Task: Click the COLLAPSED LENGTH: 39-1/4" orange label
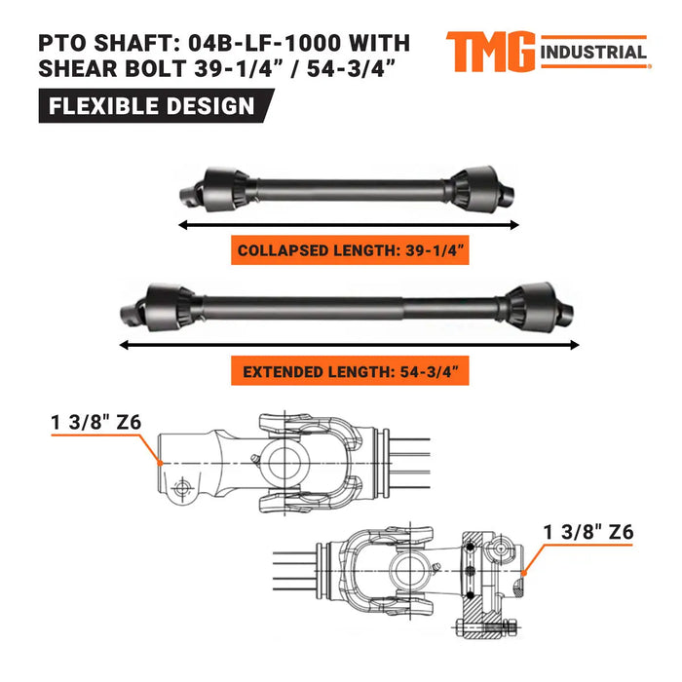352,250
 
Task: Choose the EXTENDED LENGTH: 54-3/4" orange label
352,370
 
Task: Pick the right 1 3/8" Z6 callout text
590,532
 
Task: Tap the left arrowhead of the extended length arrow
123,343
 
